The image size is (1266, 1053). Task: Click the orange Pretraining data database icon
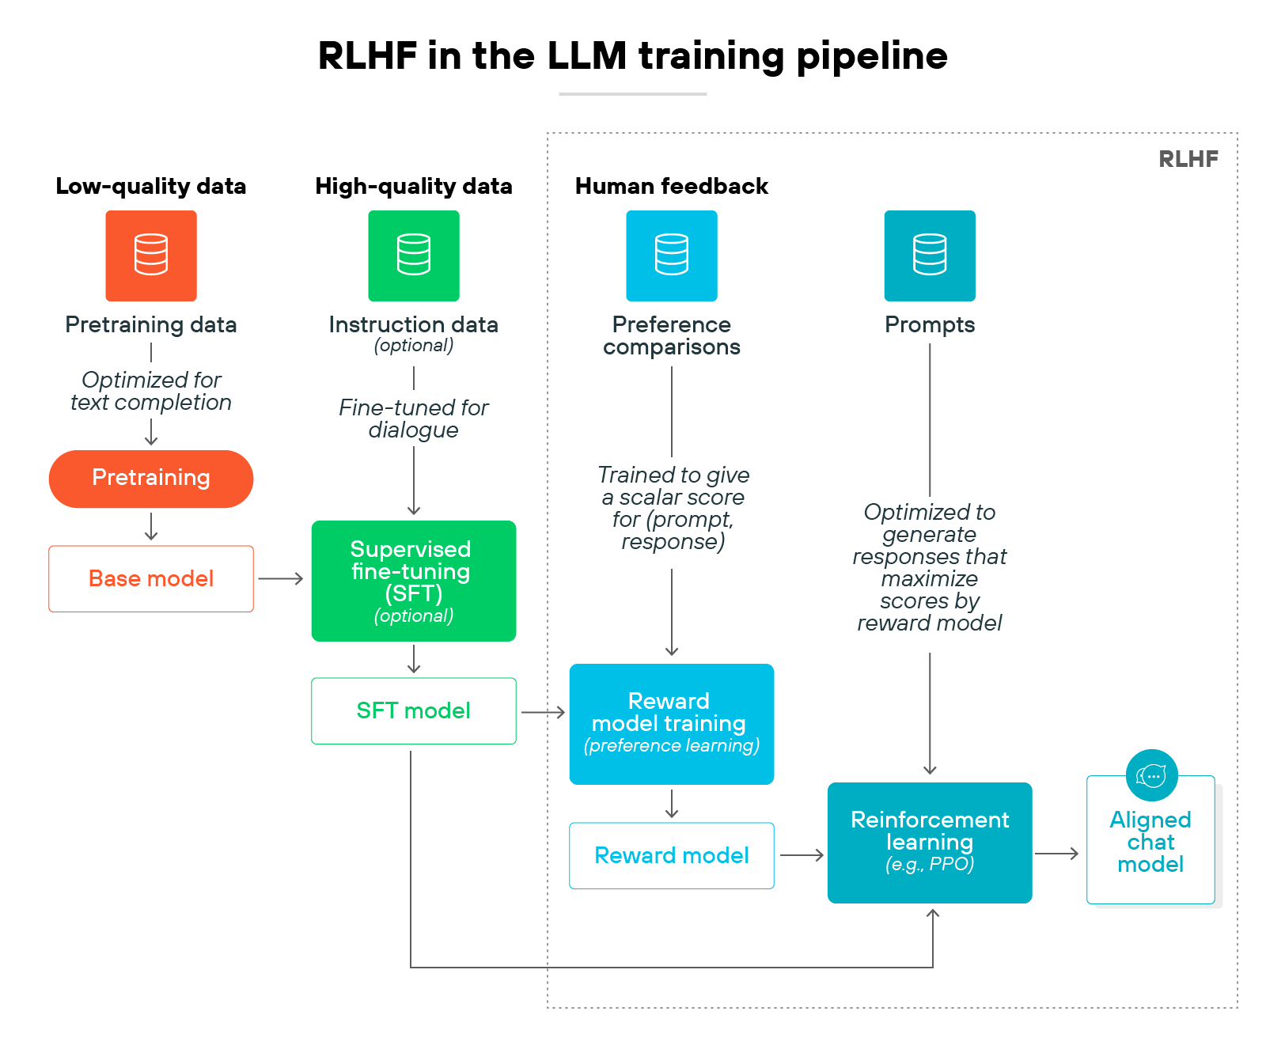pyautogui.click(x=151, y=256)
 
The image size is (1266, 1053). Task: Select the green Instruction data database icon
pyautogui.click(x=414, y=256)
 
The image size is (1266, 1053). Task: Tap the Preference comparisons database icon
pyautogui.click(x=672, y=256)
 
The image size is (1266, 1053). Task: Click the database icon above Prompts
pyautogui.click(x=930, y=256)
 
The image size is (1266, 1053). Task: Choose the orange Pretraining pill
pyautogui.click(x=151, y=479)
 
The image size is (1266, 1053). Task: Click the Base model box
pyautogui.click(x=151, y=578)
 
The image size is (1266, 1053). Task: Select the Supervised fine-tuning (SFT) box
pyautogui.click(x=414, y=581)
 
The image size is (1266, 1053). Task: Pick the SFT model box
pyautogui.click(x=414, y=710)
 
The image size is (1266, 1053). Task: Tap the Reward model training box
pyautogui.click(x=672, y=724)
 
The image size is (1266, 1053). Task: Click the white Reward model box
pyautogui.click(x=672, y=855)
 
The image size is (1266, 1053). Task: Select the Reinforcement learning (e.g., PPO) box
pyautogui.click(x=930, y=843)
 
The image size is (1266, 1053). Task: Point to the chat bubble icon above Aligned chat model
pyautogui.click(x=1151, y=775)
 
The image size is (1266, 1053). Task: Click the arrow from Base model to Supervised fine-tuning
pyautogui.click(x=281, y=579)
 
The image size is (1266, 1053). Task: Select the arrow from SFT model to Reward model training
pyautogui.click(x=543, y=712)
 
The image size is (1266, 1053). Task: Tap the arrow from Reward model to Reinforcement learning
pyautogui.click(x=802, y=855)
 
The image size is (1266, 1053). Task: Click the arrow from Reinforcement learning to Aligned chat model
pyautogui.click(x=1057, y=854)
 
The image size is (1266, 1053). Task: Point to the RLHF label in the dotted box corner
pyautogui.click(x=1188, y=159)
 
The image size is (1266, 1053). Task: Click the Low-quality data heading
pyautogui.click(x=151, y=186)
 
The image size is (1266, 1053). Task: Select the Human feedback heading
pyautogui.click(x=672, y=186)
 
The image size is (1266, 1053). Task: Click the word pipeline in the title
pyautogui.click(x=872, y=56)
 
